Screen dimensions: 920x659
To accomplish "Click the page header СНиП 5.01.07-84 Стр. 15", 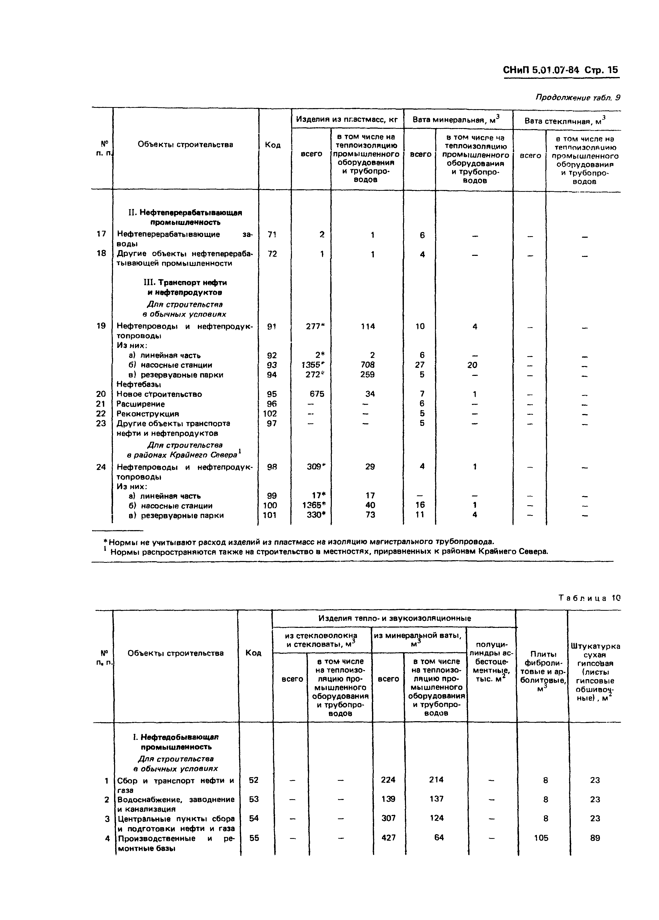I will pyautogui.click(x=560, y=70).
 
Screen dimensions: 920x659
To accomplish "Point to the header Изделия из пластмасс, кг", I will pyautogui.click(x=347, y=119).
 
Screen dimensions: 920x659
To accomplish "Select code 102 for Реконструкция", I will pyautogui.click(x=270, y=413).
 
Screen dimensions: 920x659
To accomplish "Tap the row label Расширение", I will pyautogui.click(x=141, y=404).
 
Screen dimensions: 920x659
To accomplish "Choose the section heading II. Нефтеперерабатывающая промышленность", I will pyautogui.click(x=185, y=217).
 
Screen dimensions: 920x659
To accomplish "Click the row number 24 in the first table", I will pyautogui.click(x=101, y=467).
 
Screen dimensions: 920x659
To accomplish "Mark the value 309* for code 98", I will pyautogui.click(x=316, y=467).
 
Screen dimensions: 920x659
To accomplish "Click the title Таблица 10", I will pyautogui.click(x=590, y=598).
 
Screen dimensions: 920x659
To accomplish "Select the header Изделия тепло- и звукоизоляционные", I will pyautogui.click(x=394, y=619).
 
